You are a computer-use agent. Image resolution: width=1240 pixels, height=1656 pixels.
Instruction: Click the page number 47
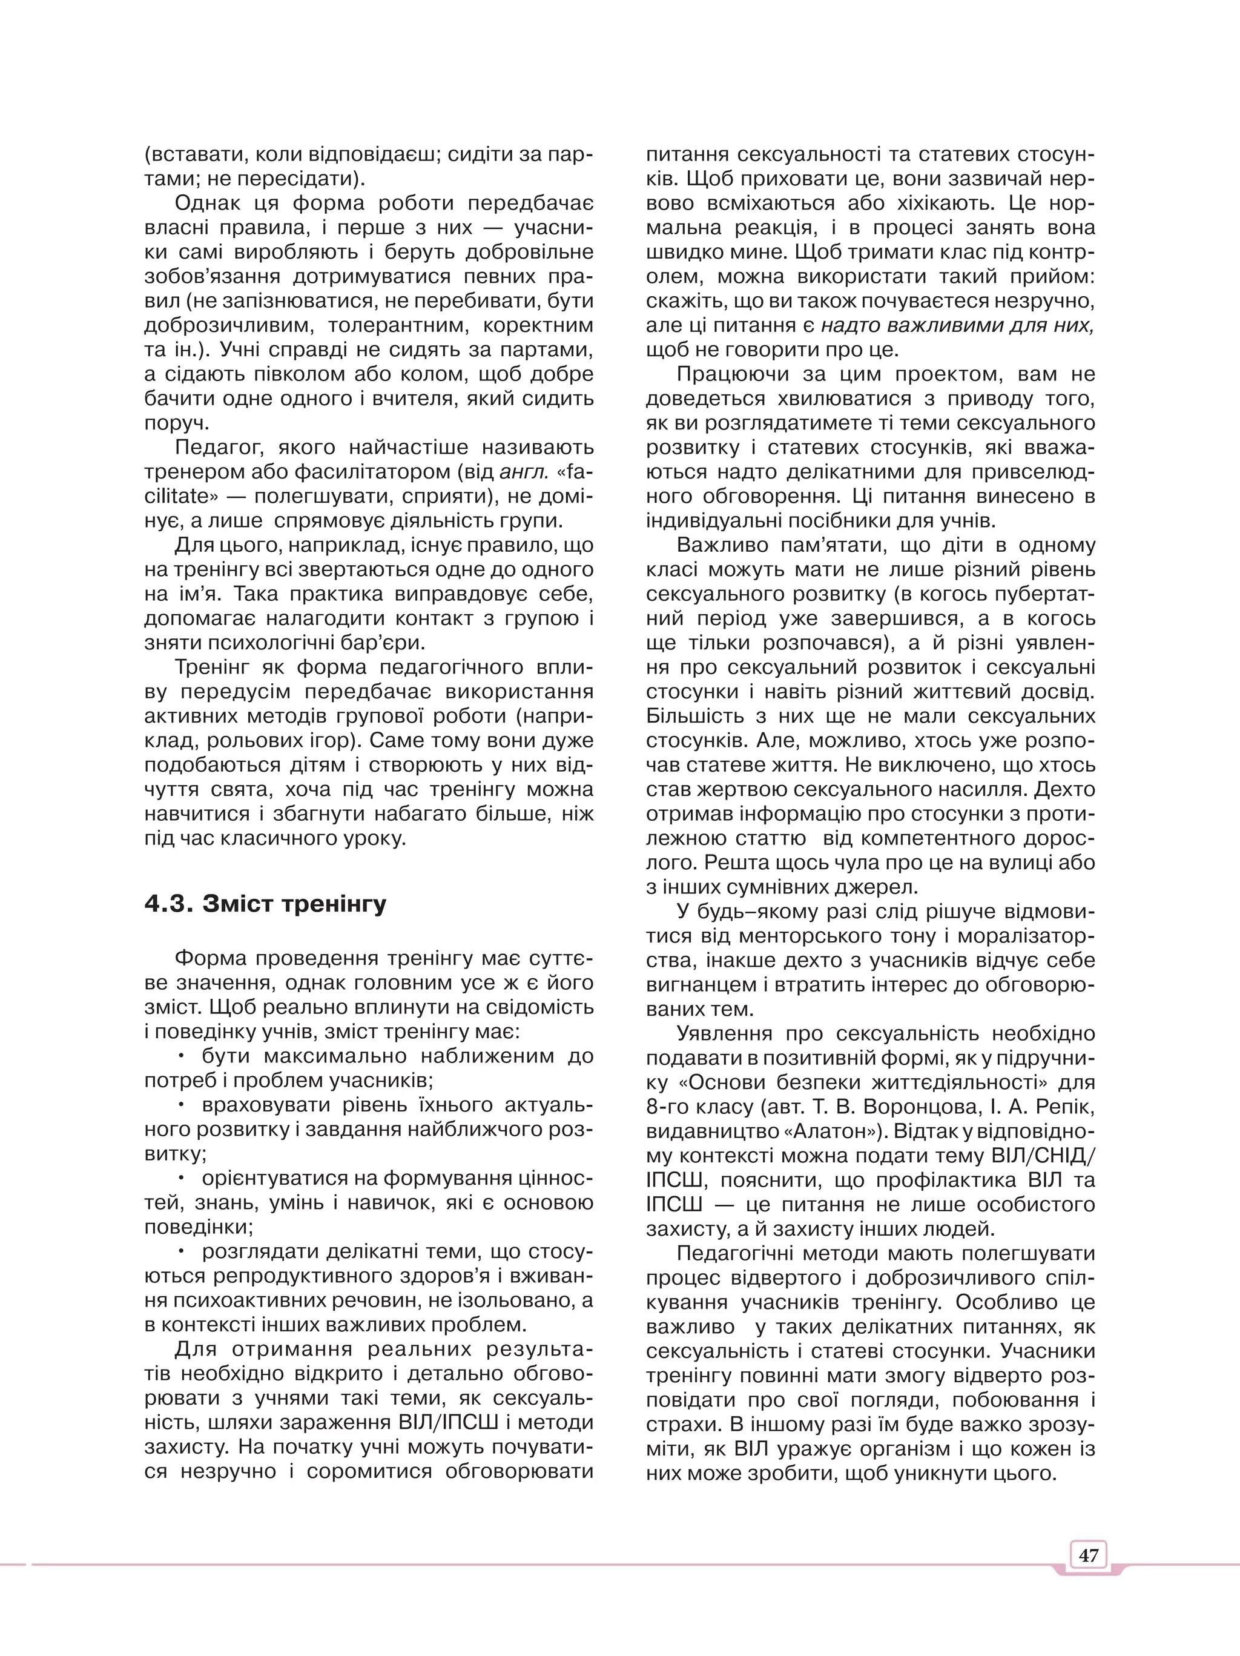click(1088, 1555)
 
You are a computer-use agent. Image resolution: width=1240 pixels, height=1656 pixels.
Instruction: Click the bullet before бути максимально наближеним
click(181, 1056)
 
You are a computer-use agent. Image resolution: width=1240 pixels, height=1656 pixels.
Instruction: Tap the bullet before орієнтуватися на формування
click(181, 1178)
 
